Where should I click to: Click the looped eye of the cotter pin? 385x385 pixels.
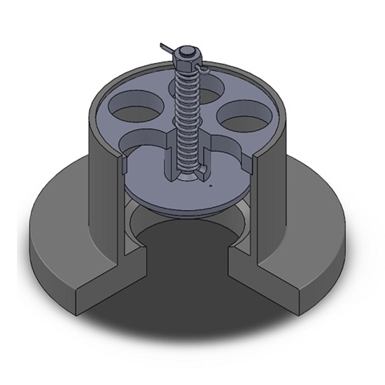[203, 70]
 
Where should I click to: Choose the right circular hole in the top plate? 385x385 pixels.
[245, 111]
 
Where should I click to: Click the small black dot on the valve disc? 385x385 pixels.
[211, 187]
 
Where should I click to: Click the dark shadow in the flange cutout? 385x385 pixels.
[189, 280]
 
